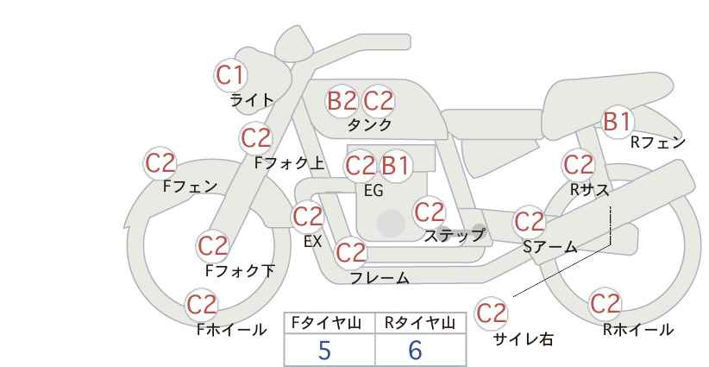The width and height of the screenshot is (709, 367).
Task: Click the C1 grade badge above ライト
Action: (x=230, y=75)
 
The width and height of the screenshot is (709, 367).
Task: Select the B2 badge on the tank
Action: (x=342, y=100)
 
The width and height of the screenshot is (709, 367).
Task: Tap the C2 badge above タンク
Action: (x=378, y=100)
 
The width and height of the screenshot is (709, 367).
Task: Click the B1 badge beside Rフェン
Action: (x=618, y=121)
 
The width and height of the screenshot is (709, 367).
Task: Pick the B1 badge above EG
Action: (x=395, y=166)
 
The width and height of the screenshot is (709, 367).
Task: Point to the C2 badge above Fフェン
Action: (x=160, y=163)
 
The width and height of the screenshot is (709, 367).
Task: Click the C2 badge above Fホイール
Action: (x=202, y=305)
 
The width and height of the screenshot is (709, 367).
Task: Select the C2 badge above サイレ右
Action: (x=491, y=313)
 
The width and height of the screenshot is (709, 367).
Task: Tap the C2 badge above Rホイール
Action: (x=605, y=304)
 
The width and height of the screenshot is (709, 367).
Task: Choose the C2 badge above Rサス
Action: (x=578, y=165)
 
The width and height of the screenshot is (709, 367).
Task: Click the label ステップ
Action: (x=455, y=236)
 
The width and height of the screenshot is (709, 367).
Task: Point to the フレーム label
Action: (x=380, y=277)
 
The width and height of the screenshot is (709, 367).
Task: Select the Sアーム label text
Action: (x=549, y=246)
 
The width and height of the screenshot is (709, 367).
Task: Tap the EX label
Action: (x=313, y=242)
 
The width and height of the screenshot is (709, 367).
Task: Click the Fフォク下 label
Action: (x=240, y=270)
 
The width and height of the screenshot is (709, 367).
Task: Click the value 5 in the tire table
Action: (x=324, y=350)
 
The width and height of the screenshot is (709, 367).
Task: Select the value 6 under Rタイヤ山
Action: (x=415, y=350)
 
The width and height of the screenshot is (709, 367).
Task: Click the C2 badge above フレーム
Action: (x=351, y=252)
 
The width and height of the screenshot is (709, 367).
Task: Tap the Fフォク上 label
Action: (x=290, y=163)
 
